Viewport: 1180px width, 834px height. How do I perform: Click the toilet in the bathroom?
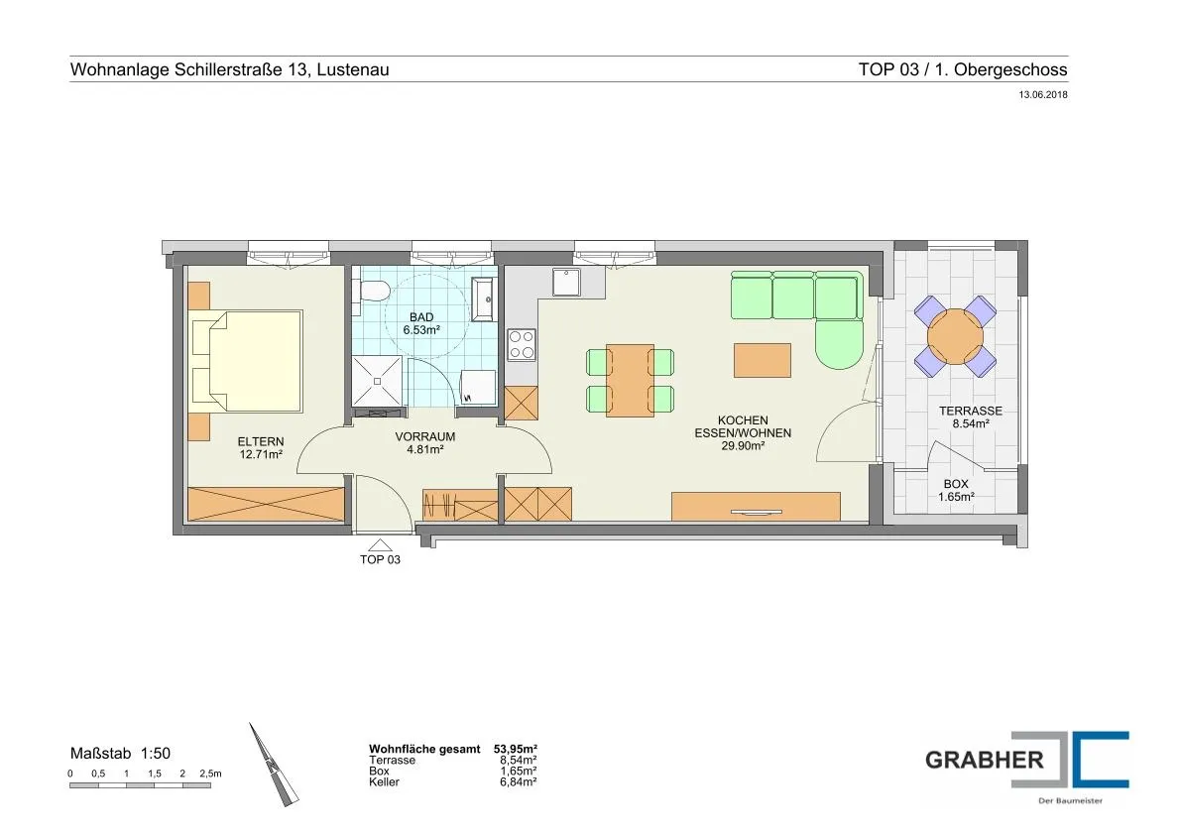coord(373,291)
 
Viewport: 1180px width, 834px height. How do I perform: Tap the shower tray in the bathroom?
coord(379,381)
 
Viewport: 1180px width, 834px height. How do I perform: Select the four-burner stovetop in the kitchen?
coord(522,345)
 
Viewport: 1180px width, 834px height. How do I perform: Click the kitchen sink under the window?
coord(566,283)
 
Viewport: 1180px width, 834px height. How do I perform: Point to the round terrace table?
coord(955,336)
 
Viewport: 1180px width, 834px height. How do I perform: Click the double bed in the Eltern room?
coord(247,361)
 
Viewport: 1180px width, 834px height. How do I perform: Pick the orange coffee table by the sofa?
coord(763,360)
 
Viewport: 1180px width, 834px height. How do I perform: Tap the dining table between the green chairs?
coord(630,380)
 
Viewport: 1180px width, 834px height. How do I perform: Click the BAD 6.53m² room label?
coord(421,323)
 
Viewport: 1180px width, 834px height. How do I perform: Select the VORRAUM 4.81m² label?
coord(425,442)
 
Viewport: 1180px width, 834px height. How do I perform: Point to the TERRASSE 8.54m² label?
coord(971,417)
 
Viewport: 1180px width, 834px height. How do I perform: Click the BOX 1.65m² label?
coord(956,490)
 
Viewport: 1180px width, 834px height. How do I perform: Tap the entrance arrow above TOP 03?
coord(380,545)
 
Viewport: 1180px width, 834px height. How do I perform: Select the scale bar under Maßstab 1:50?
coord(140,785)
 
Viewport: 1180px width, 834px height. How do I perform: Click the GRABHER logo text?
coord(985,760)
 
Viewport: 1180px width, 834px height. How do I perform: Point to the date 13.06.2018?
coord(1043,95)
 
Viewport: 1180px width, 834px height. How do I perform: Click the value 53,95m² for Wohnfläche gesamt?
coord(516,749)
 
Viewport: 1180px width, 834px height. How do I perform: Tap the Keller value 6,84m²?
coord(519,782)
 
